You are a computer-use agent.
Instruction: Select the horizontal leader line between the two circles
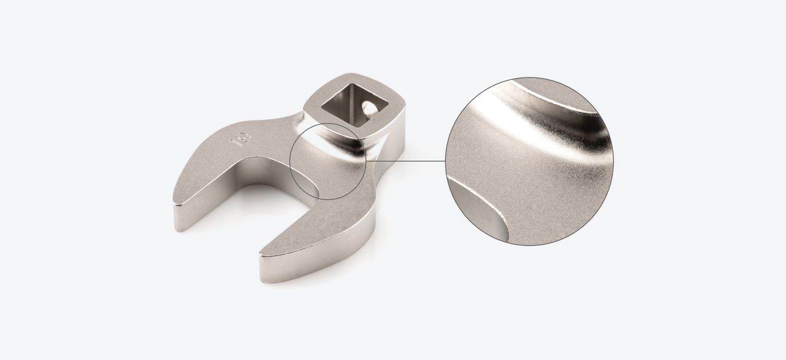point(405,161)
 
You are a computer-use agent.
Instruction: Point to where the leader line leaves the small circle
point(367,161)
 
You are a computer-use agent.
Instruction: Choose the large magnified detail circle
point(529,161)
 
